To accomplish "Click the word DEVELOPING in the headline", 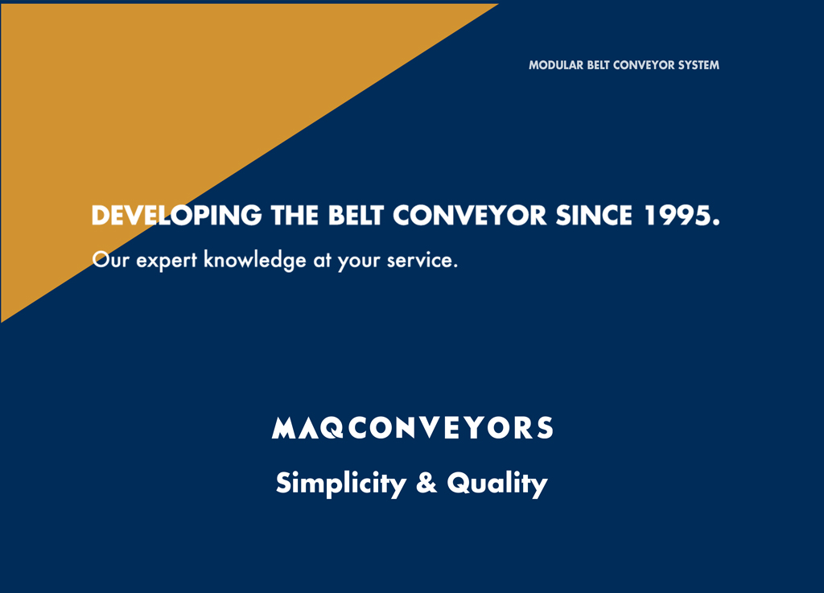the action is click(x=176, y=216).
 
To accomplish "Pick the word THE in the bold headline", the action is click(x=295, y=216).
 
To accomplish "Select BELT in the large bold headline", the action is click(x=356, y=216).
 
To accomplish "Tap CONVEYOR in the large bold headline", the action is click(x=469, y=216).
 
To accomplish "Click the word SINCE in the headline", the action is click(x=594, y=216).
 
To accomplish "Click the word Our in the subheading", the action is click(x=110, y=260).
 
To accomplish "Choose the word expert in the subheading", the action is click(x=167, y=261).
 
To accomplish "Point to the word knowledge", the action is click(x=255, y=261).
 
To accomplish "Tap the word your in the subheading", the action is click(x=359, y=262).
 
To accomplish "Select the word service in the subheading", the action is click(x=420, y=260).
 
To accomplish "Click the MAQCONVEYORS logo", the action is click(x=413, y=427).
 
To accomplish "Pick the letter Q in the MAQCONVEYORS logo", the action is click(x=332, y=427).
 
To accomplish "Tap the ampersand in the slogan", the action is click(x=426, y=483).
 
